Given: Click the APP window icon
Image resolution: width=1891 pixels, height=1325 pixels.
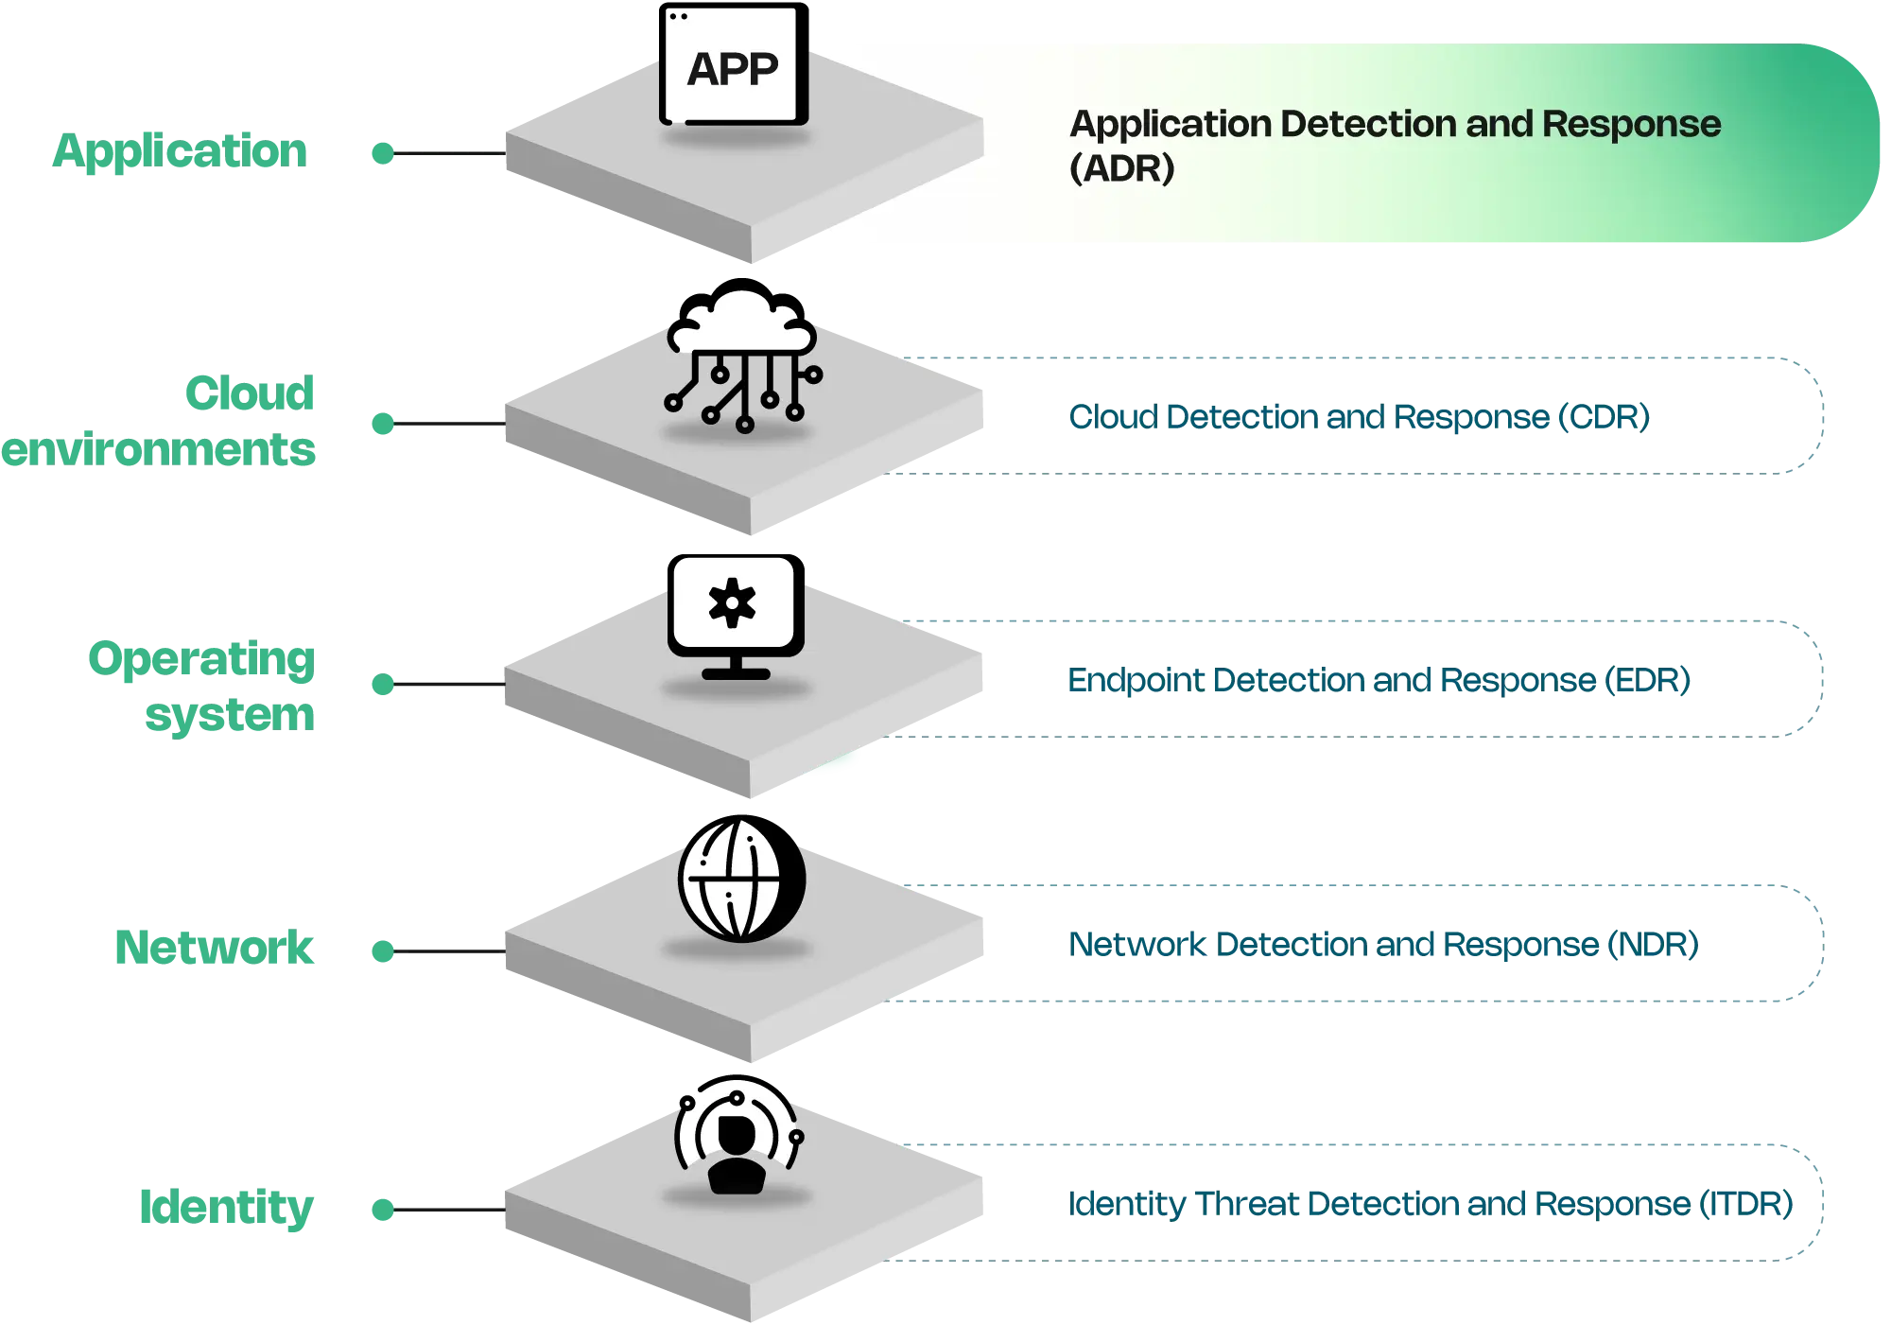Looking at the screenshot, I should tap(734, 66).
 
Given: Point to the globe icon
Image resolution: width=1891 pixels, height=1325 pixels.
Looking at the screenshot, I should tap(741, 880).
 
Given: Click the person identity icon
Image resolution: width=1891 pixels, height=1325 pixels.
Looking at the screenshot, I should tap(737, 1140).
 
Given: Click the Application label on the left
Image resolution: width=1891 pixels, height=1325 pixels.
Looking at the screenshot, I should tap(181, 150).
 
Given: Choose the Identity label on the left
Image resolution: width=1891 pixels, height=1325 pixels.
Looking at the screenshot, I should tap(226, 1208).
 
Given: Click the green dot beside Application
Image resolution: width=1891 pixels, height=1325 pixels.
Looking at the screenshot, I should tap(382, 152).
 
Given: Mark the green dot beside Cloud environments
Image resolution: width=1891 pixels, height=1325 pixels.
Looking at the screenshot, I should tap(382, 423).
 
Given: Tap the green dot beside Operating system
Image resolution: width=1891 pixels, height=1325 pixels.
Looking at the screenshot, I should tap(382, 684).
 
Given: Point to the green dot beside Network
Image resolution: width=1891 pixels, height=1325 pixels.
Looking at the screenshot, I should tap(382, 950).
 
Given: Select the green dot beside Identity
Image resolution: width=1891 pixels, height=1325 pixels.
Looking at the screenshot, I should tap(382, 1210).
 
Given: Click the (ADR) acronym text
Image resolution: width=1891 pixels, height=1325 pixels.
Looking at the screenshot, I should tap(1121, 168).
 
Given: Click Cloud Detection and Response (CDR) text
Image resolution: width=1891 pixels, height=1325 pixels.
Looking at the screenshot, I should tap(1358, 417).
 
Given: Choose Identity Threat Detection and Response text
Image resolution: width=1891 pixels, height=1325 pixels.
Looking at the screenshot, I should tap(1429, 1205).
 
